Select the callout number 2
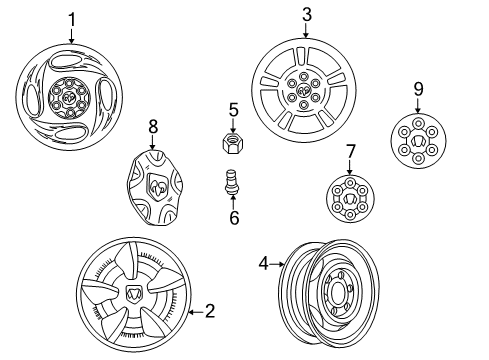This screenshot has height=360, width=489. click(209, 311)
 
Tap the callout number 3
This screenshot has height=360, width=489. click(307, 14)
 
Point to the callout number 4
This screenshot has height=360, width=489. click(263, 265)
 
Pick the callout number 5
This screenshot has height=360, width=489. click(233, 109)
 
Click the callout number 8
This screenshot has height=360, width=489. click(153, 127)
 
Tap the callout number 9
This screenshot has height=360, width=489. click(418, 89)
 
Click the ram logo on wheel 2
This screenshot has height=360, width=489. click(135, 296)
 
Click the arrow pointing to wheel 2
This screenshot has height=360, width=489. click(191, 311)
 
